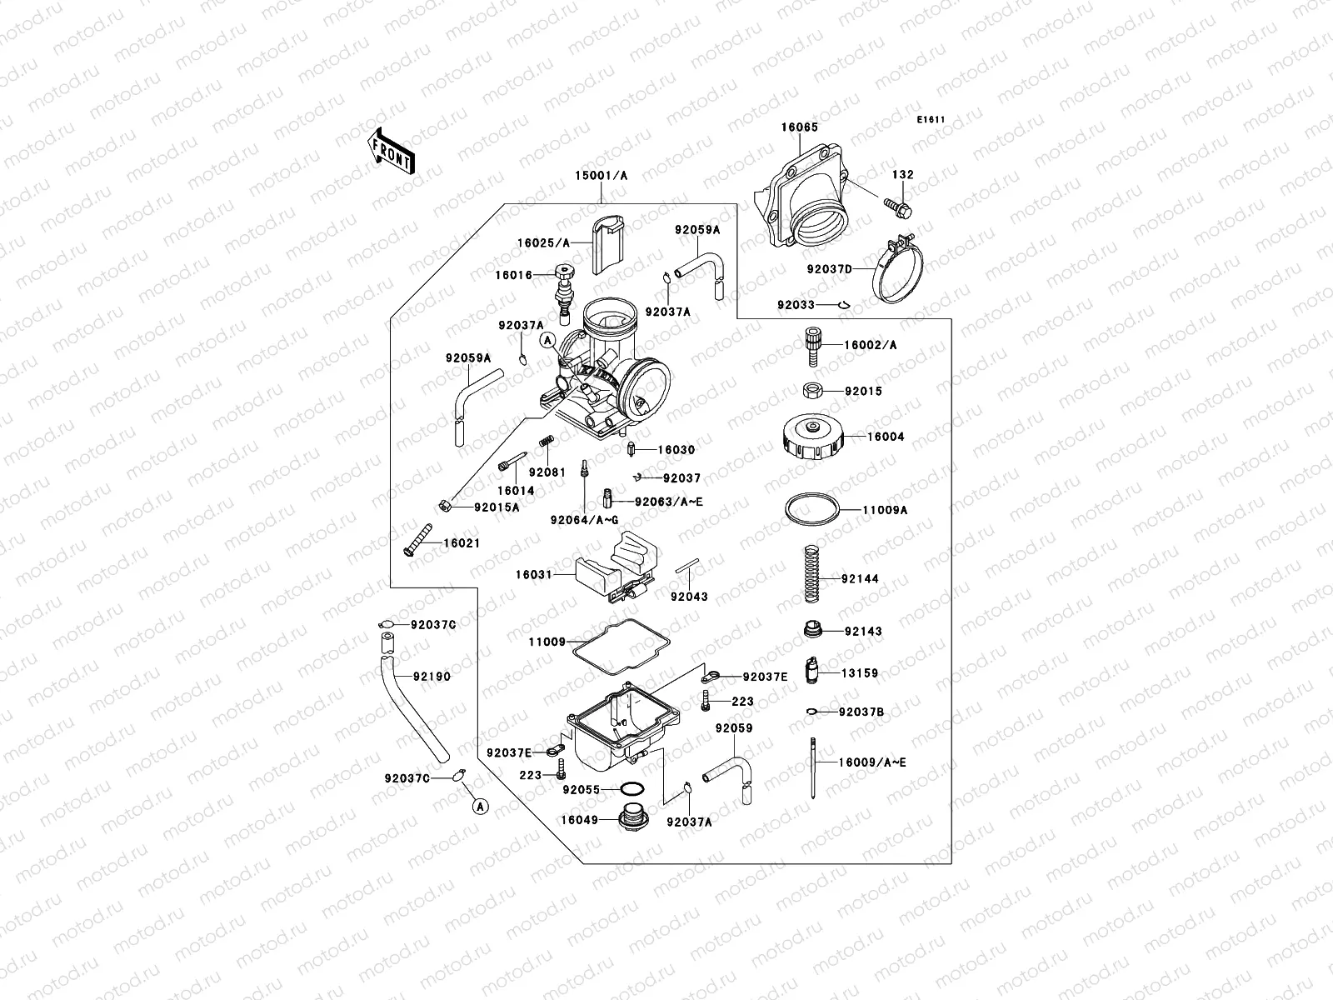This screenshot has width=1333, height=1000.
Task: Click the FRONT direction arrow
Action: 392,151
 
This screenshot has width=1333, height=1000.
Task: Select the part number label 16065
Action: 799,127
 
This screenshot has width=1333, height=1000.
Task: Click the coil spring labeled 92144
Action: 812,573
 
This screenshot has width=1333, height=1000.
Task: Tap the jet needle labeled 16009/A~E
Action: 811,767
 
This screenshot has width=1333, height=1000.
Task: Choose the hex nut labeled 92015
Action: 812,390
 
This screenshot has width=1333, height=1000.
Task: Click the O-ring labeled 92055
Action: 632,788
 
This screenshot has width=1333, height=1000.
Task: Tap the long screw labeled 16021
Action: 418,540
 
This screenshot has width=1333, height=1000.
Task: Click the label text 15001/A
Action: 601,176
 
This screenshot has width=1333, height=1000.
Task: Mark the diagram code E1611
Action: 931,120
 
